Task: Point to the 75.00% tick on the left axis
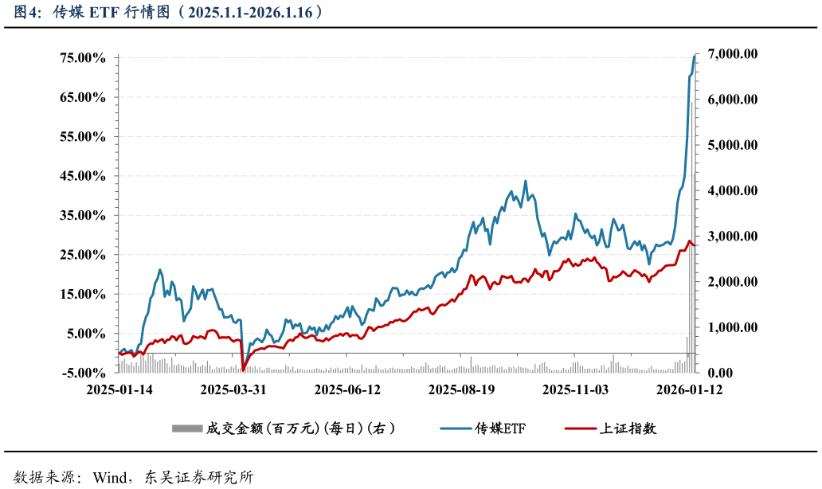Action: (82, 58)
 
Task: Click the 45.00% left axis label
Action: (82, 176)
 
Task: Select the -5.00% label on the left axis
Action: (82, 373)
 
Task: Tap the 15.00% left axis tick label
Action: (82, 294)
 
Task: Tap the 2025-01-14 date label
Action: (119, 389)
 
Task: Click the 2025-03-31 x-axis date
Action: (233, 389)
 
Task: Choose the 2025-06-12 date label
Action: (347, 389)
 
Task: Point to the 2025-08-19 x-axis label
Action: (461, 389)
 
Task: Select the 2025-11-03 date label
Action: (575, 389)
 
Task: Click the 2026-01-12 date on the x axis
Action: (689, 389)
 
